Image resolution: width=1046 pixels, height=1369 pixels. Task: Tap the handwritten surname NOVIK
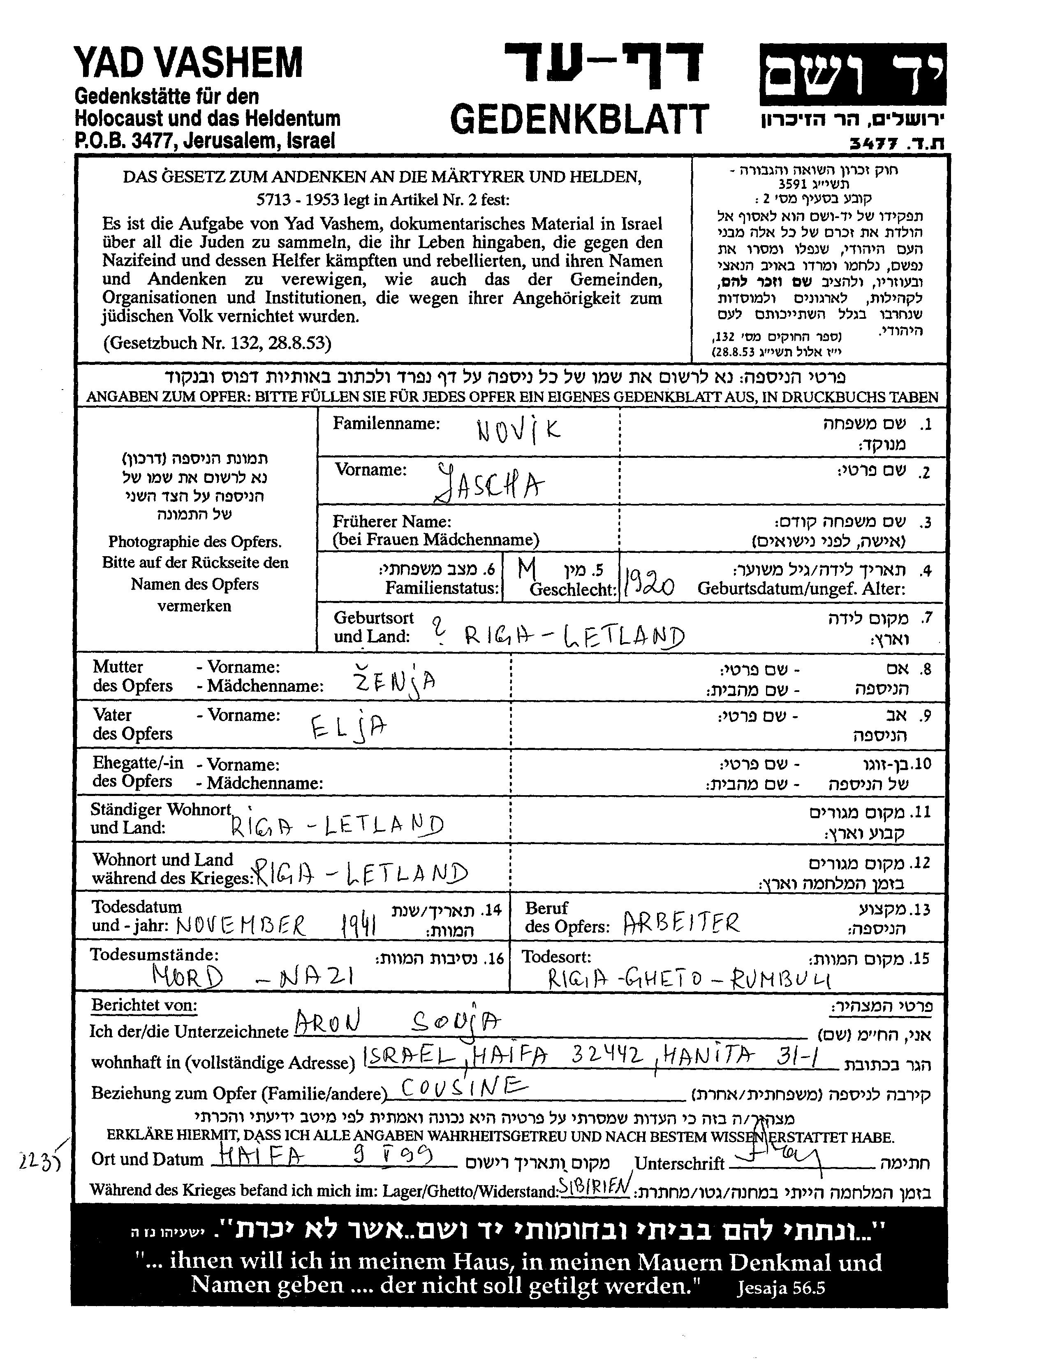pos(518,430)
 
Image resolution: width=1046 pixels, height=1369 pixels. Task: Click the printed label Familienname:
pos(386,424)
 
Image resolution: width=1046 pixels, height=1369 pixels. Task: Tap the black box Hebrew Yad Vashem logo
pos(852,74)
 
